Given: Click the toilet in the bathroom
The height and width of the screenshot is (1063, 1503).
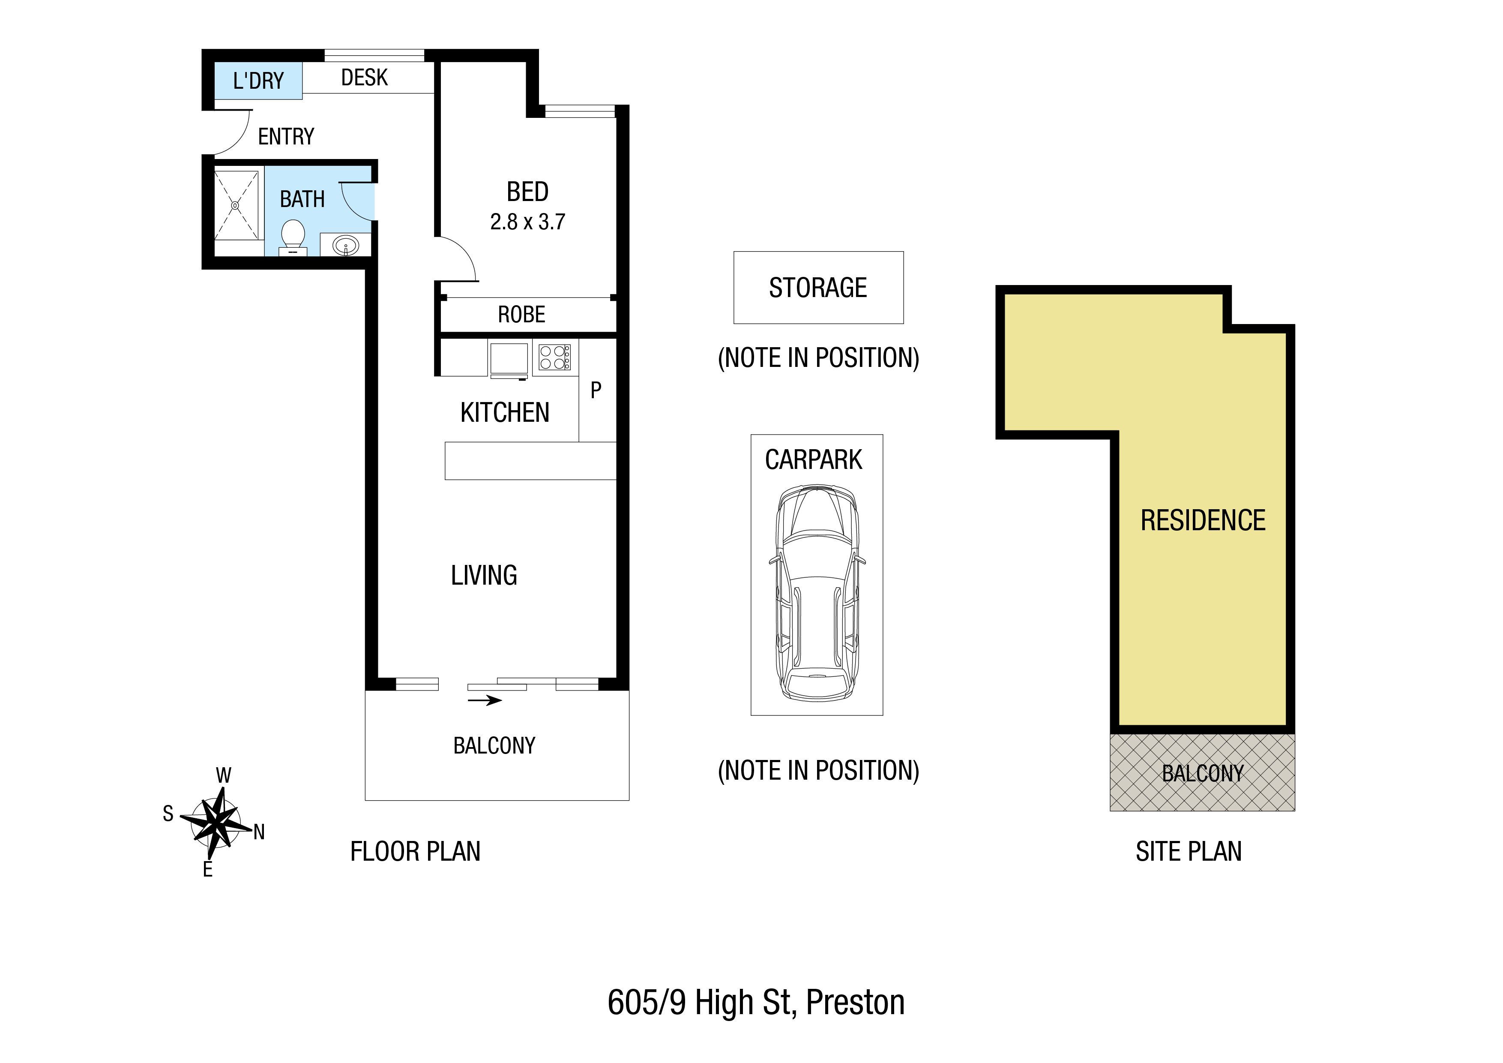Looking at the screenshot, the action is [293, 237].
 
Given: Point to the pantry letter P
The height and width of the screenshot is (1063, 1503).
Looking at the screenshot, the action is [596, 390].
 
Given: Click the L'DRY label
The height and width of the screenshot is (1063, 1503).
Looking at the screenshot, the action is [259, 81].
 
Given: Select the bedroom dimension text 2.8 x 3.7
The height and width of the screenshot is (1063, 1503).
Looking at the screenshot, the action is [527, 222].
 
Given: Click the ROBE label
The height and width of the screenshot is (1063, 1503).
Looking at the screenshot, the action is [522, 314].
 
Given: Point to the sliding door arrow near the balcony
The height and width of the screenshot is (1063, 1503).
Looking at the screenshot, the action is [485, 700].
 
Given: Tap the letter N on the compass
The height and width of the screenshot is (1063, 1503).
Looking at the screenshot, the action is [259, 832].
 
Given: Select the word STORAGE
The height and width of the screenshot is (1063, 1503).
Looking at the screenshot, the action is [818, 288].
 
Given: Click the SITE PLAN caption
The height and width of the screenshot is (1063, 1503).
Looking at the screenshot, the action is [1189, 851].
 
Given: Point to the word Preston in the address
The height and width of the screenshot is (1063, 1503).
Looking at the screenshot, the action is [856, 1002].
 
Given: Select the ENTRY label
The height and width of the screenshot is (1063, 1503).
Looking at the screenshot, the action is [286, 136].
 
